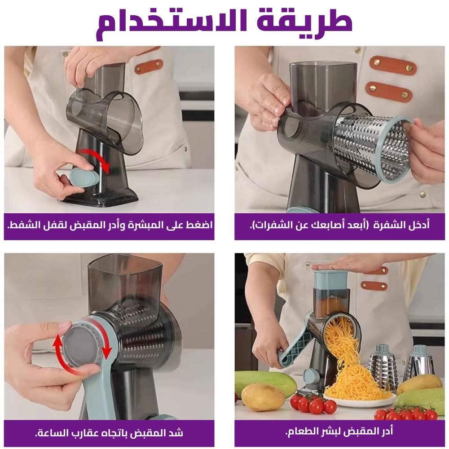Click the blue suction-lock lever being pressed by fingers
83,177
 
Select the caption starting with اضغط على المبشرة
110,225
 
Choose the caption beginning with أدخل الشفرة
339,225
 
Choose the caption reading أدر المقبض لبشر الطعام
339,431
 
